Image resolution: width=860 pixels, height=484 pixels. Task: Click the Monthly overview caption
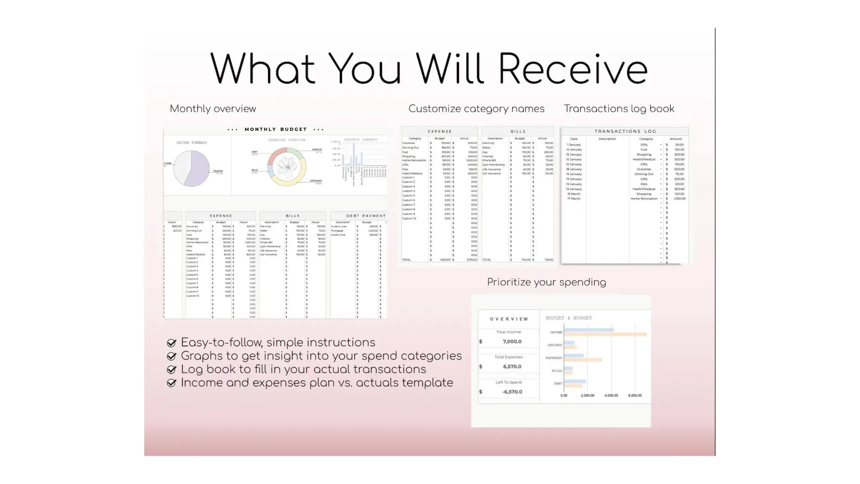213,109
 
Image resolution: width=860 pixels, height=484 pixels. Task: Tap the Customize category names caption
476,109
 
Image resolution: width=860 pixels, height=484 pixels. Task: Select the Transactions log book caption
619,109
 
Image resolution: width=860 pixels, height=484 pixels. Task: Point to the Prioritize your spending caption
546,282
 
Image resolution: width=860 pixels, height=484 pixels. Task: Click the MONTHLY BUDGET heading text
275,130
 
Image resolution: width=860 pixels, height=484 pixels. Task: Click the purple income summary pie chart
192,169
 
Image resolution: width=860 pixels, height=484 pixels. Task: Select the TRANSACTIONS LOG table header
625,131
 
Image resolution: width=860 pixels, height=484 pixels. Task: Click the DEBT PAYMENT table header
365,216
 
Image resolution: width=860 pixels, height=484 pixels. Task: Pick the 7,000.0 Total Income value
512,341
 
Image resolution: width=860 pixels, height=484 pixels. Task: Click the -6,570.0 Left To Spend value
512,392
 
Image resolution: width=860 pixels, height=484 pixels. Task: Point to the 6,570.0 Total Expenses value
512,367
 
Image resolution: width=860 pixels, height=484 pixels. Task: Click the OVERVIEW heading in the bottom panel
509,319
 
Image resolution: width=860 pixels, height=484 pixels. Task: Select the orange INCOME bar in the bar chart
605,334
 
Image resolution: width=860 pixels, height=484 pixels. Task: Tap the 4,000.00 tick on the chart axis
611,396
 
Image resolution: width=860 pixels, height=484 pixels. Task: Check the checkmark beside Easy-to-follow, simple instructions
171,343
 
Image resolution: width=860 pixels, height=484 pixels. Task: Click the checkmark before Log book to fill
171,370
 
